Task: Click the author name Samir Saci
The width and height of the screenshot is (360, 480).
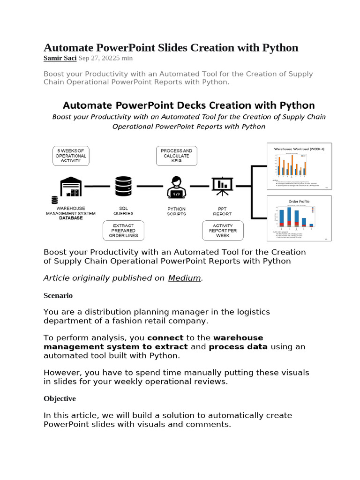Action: click(x=60, y=58)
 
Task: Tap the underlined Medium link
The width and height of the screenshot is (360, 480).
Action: click(x=184, y=278)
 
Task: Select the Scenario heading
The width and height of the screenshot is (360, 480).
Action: click(x=58, y=296)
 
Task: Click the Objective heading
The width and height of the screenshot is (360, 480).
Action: click(x=60, y=398)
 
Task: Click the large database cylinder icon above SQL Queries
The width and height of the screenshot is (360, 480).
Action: click(x=123, y=187)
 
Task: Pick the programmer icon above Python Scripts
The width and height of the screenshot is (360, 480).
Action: click(x=176, y=187)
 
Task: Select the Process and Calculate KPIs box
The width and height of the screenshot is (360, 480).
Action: click(x=176, y=156)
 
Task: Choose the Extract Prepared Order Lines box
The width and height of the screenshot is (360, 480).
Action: click(x=123, y=231)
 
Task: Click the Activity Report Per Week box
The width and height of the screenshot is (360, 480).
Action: click(x=223, y=231)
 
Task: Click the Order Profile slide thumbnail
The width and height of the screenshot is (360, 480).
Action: click(x=299, y=218)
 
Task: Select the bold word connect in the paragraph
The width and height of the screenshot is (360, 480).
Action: click(x=165, y=338)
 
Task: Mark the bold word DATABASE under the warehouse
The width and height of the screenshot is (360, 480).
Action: click(x=70, y=218)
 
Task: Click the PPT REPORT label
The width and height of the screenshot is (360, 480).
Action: click(x=222, y=211)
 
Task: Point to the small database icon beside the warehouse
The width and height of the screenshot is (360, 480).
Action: click(x=55, y=200)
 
